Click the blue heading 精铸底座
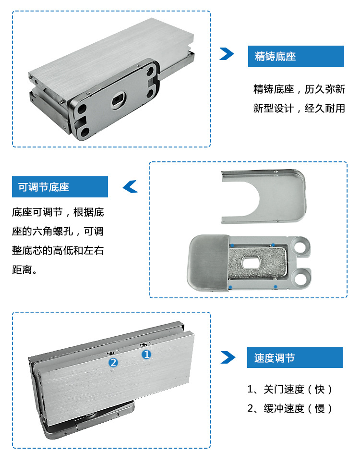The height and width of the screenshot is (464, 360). click(x=276, y=56)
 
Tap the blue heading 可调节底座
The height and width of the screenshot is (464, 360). click(x=44, y=187)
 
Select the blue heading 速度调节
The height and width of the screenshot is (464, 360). click(x=275, y=358)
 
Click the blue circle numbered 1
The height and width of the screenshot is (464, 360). click(x=146, y=354)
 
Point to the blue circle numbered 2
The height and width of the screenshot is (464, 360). click(x=113, y=362)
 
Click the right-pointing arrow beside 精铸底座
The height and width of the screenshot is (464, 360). click(x=227, y=54)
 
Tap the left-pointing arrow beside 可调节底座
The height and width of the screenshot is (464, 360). click(x=130, y=186)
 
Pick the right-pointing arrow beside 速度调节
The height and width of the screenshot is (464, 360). click(x=228, y=357)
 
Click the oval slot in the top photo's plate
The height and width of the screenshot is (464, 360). click(x=119, y=100)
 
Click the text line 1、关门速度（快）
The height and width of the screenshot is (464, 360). click(x=289, y=390)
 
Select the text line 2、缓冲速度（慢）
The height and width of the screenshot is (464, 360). click(x=289, y=409)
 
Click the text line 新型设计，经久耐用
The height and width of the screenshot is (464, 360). click(x=299, y=108)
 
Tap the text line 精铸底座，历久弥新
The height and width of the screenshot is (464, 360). click(x=299, y=89)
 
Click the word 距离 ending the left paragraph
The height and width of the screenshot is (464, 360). click(x=22, y=269)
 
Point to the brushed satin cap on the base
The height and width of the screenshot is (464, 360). click(x=208, y=262)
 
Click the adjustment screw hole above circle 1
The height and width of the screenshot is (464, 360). click(x=144, y=344)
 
